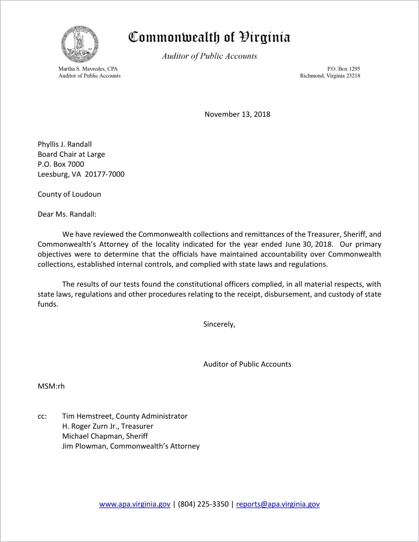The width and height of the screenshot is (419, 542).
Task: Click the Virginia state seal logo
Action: pyautogui.click(x=80, y=44)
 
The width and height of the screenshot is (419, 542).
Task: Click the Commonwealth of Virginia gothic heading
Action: pyautogui.click(x=209, y=37)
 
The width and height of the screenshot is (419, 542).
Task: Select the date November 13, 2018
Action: pyautogui.click(x=237, y=114)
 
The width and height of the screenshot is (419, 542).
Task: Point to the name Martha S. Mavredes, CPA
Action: pyautogui.click(x=88, y=69)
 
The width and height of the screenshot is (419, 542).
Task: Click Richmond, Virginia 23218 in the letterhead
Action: pyautogui.click(x=330, y=76)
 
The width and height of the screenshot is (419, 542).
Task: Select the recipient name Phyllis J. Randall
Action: pyautogui.click(x=65, y=144)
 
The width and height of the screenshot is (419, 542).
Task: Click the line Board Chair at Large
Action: pyautogui.click(x=71, y=154)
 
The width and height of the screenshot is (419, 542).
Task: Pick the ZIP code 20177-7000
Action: pyautogui.click(x=105, y=174)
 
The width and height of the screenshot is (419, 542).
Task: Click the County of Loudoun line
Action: pyautogui.click(x=69, y=194)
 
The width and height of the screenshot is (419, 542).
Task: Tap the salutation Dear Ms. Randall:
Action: pyautogui.click(x=67, y=214)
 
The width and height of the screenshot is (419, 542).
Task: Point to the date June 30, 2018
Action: pyautogui.click(x=309, y=244)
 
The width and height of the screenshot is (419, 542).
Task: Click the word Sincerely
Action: pyautogui.click(x=219, y=324)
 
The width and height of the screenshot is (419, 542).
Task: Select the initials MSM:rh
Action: pyautogui.click(x=51, y=386)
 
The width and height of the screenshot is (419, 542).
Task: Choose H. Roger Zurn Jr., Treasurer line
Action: pyautogui.click(x=108, y=426)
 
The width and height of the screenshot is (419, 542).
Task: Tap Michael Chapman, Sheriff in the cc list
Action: pyautogui.click(x=105, y=436)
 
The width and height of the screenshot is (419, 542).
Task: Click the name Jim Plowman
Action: pyautogui.click(x=85, y=446)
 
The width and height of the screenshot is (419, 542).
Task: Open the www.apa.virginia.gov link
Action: pyautogui.click(x=135, y=504)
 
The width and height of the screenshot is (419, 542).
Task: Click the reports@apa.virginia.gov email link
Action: pyautogui.click(x=278, y=504)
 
